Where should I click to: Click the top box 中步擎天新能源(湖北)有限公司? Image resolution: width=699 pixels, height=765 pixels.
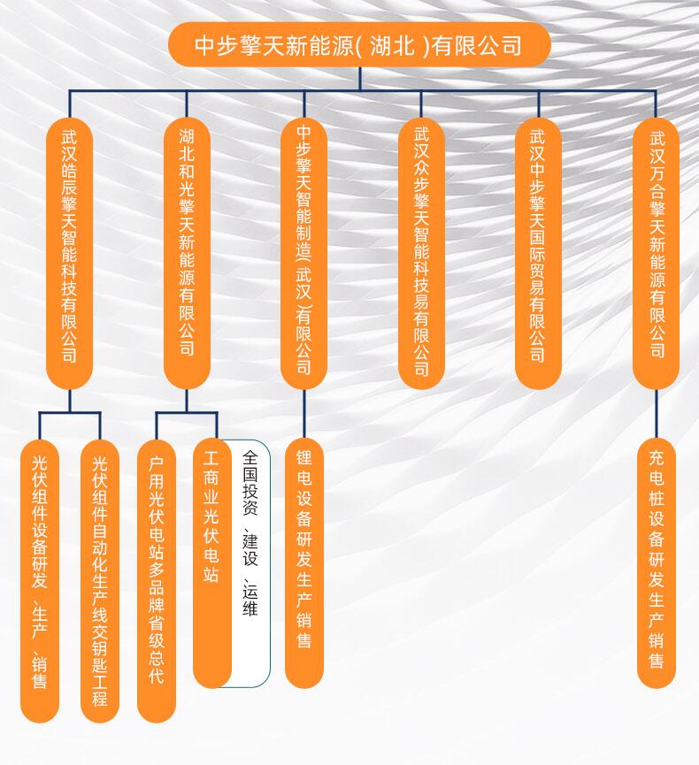coord(359,45)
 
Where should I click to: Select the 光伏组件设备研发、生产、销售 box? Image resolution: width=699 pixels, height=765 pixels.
coord(39,580)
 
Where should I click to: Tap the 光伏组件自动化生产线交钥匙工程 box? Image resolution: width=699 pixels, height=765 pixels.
coord(99,580)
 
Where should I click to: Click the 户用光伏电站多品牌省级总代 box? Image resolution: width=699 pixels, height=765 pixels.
coord(157,580)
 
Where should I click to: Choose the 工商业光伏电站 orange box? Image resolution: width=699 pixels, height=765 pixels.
coord(212,562)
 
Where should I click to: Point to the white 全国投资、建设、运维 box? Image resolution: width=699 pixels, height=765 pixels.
coord(251,562)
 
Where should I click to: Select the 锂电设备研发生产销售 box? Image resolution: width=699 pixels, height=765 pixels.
coord(303,562)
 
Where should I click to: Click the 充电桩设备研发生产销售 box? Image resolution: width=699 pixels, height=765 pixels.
coord(657,562)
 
